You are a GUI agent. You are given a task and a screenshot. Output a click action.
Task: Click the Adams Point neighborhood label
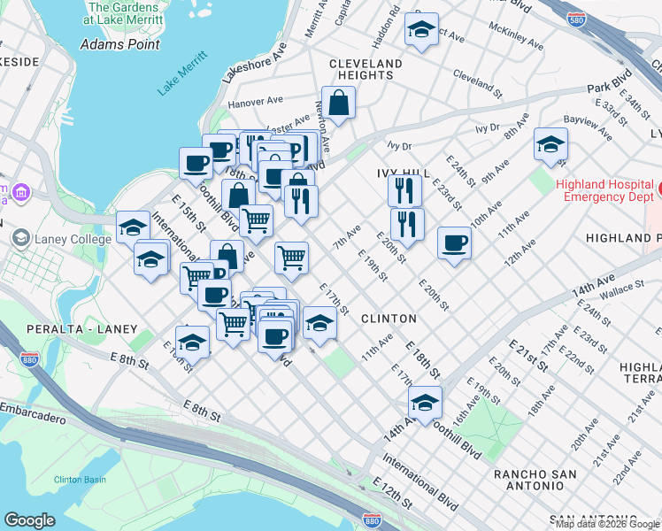pyautogui.click(x=119, y=43)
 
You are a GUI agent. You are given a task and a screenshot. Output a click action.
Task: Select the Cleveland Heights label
pyautogui.click(x=366, y=69)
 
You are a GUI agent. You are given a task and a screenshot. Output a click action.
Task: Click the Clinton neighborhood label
pyautogui.click(x=389, y=318)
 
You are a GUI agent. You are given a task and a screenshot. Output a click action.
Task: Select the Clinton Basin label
pyautogui.click(x=81, y=479)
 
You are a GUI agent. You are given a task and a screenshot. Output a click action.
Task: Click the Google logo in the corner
pyautogui.click(x=29, y=520)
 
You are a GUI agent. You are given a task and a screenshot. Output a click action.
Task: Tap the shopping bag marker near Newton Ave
pyautogui.click(x=338, y=104)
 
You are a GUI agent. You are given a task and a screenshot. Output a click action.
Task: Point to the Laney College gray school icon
pyautogui.click(x=20, y=237)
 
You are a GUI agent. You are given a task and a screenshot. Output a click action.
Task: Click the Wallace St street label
pyautogui.click(x=620, y=288)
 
